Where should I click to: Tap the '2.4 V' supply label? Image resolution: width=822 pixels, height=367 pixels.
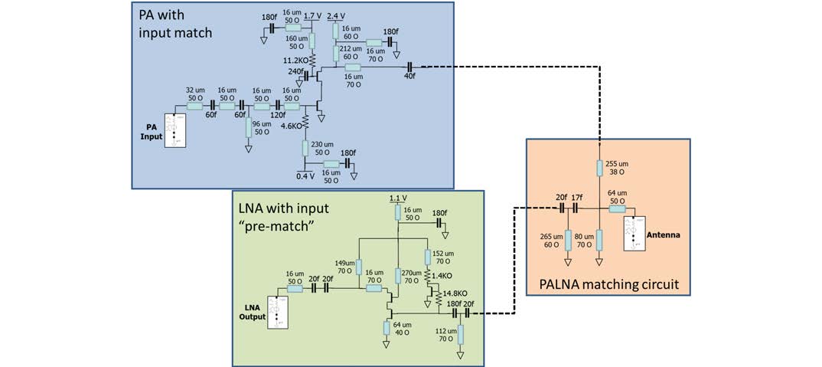(336, 15)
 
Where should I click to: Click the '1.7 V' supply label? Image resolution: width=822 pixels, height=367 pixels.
(312, 15)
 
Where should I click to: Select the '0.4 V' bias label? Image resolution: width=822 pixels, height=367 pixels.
(305, 175)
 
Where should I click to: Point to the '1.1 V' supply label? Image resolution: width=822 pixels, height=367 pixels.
(397, 198)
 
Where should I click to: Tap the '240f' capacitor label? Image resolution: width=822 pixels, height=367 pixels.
(295, 71)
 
